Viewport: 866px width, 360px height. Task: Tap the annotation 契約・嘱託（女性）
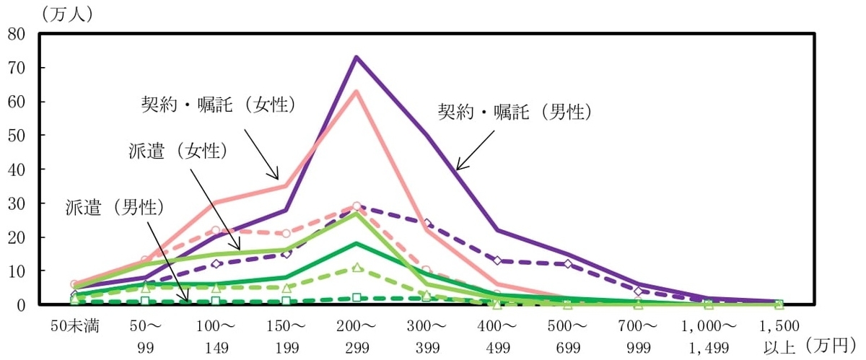pyautogui.click(x=219, y=105)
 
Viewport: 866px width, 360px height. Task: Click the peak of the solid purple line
pyautogui.click(x=356, y=57)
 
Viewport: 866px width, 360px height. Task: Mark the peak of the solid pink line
pyautogui.click(x=356, y=91)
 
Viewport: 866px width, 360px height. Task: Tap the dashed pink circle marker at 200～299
pyautogui.click(x=356, y=206)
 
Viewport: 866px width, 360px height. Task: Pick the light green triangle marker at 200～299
pyautogui.click(x=356, y=268)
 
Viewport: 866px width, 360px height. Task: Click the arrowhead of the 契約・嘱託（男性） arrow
pyautogui.click(x=458, y=170)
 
